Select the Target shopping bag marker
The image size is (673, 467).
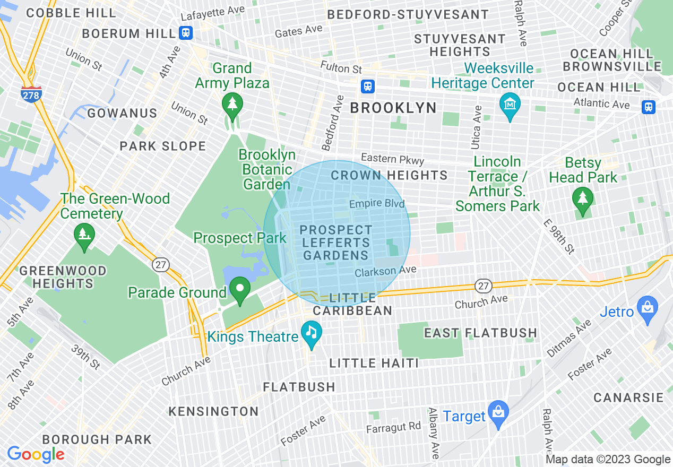[498, 413]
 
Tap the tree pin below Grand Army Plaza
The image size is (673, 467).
[232, 103]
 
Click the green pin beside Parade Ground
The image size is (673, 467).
[240, 289]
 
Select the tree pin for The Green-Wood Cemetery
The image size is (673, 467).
[84, 234]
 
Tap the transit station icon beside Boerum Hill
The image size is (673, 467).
[185, 33]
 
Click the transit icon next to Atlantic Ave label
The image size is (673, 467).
[648, 107]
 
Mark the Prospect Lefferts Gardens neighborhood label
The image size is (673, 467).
[335, 243]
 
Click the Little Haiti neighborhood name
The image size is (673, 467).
[374, 363]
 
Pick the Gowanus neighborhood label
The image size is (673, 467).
[123, 114]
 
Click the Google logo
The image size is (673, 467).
[36, 454]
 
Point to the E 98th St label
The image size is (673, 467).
[559, 237]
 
